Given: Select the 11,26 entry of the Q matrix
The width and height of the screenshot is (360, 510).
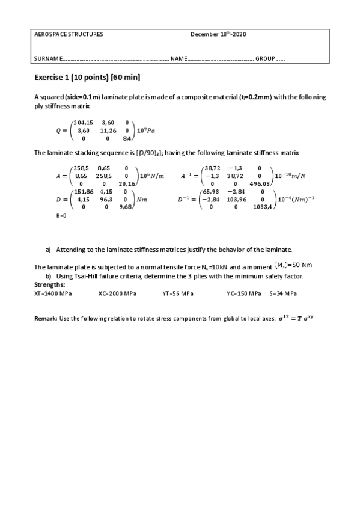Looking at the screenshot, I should pos(108,130).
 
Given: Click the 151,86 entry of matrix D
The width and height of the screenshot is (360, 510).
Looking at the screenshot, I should pos(84,191).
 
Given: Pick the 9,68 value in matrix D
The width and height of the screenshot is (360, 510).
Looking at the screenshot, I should pos(126,206).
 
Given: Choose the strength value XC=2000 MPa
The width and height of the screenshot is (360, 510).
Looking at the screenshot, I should pos(117,293).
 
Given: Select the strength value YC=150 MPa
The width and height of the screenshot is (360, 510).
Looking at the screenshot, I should pos(244,293).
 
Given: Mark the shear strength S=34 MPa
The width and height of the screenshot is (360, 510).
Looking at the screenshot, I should pos(284,293).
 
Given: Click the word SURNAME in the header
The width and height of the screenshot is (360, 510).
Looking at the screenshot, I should pos(47,58).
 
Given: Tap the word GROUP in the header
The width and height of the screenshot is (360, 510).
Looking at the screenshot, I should pos(265,58).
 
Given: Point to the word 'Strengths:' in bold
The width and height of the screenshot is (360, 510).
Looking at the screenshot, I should pos(50,284).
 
